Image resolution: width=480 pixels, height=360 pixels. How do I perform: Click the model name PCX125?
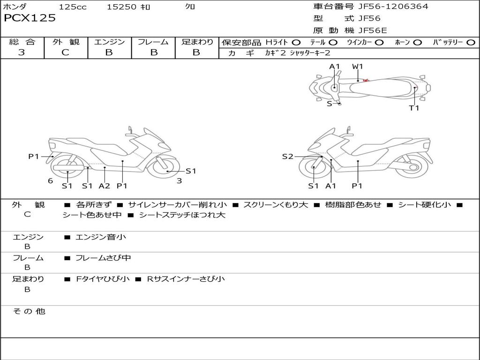pyautogui.click(x=30, y=18)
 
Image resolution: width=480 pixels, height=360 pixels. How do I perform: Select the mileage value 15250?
pyautogui.click(x=121, y=7)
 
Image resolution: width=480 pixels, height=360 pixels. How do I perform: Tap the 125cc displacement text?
pyautogui.click(x=73, y=7)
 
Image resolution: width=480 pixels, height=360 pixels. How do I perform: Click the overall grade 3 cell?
pyautogui.click(x=22, y=52)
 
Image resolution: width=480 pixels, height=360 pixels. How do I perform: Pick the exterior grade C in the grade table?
pyautogui.click(x=65, y=52)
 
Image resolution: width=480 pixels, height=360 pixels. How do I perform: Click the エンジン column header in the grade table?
pyautogui.click(x=109, y=42)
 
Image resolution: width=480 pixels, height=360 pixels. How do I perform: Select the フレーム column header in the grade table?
pyautogui.click(x=153, y=42)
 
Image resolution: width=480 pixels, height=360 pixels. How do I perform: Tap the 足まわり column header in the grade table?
pyautogui.click(x=197, y=42)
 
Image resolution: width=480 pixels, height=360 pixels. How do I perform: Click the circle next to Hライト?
pyautogui.click(x=296, y=43)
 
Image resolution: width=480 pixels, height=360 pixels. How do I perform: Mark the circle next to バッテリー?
pyautogui.click(x=471, y=43)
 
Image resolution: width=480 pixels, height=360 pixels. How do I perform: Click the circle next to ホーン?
pyautogui.click(x=417, y=43)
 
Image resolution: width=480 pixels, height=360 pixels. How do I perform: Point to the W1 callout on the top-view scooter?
pyautogui.click(x=358, y=67)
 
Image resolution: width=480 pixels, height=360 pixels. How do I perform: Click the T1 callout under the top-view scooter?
pyautogui.click(x=414, y=108)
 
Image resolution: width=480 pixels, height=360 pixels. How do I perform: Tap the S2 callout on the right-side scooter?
pyautogui.click(x=287, y=157)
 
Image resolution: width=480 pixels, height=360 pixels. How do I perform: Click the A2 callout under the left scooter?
pyautogui.click(x=104, y=186)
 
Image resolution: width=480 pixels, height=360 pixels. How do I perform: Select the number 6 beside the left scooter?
pyautogui.click(x=50, y=180)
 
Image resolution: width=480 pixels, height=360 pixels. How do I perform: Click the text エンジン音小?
pyautogui.click(x=100, y=237)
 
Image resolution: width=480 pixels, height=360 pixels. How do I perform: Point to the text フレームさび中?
pyautogui.click(x=103, y=258)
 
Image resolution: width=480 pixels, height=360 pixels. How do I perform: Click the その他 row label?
pyautogui.click(x=29, y=311)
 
